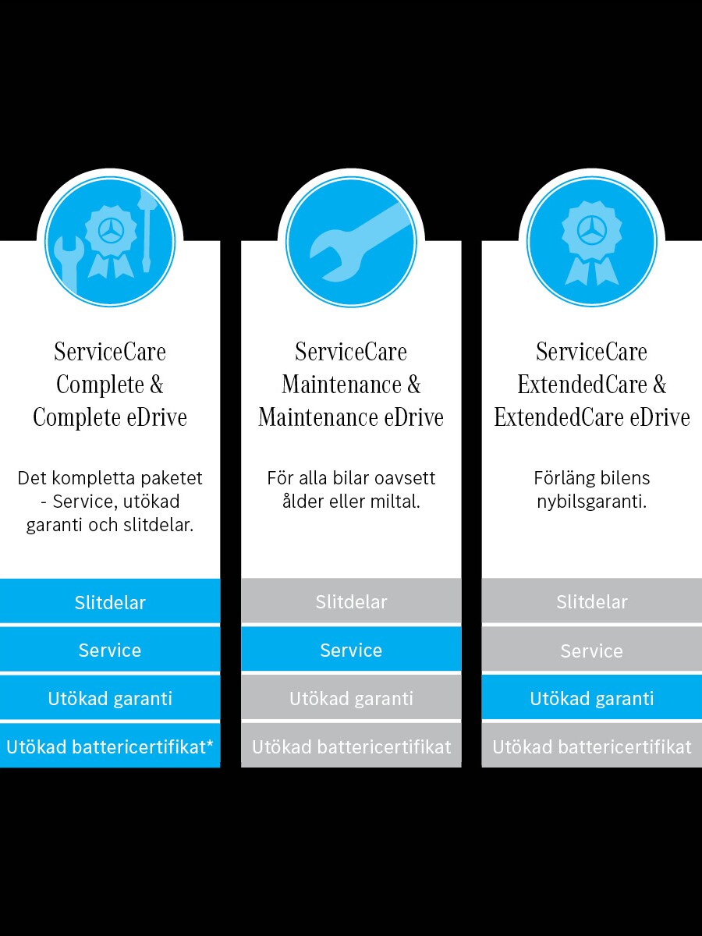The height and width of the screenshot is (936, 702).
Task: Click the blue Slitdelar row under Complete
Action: tap(110, 602)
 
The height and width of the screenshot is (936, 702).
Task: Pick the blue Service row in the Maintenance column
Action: tap(351, 651)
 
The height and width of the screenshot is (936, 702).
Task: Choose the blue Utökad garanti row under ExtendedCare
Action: tap(592, 699)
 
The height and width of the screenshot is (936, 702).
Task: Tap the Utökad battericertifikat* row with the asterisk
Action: tap(110, 746)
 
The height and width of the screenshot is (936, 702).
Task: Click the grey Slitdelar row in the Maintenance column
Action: tap(351, 602)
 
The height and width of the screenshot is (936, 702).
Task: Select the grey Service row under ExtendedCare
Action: tap(592, 651)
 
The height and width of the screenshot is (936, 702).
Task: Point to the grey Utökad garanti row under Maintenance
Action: tap(351, 699)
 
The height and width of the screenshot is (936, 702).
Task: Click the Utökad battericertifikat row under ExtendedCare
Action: tap(592, 746)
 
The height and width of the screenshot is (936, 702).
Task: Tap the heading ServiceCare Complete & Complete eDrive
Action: tap(110, 385)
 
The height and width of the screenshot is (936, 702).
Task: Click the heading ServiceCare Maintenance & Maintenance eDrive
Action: tap(351, 385)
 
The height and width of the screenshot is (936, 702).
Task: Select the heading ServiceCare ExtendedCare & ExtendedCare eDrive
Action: tap(592, 385)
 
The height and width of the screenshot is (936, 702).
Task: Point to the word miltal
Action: tap(397, 502)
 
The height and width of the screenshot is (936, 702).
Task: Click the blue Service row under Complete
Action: tap(110, 651)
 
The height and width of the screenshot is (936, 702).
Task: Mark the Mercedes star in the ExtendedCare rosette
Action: tap(591, 230)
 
